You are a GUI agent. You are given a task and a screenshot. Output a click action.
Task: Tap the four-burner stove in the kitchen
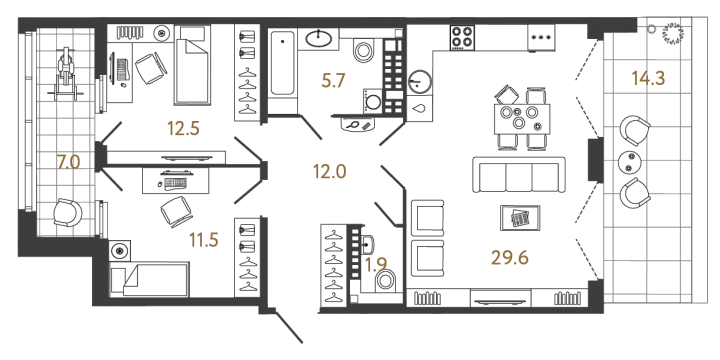tap(464, 37)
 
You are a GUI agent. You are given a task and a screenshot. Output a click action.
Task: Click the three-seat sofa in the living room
tap(517, 177)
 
